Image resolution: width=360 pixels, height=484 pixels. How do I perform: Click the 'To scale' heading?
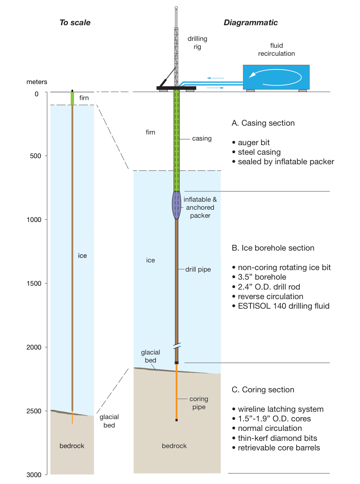click(75, 23)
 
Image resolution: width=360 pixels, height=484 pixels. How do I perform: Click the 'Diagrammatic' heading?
click(250, 23)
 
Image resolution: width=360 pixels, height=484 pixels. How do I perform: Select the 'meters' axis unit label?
click(37, 82)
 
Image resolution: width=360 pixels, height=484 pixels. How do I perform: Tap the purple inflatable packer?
click(176, 205)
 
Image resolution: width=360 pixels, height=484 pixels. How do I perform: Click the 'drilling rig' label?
click(197, 43)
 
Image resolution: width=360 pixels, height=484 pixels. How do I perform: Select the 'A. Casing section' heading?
click(263, 123)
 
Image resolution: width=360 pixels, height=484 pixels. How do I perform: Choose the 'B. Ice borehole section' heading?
click(273, 248)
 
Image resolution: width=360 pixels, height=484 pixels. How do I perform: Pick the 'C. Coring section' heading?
click(263, 390)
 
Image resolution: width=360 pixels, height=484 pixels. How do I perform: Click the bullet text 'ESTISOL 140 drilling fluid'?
click(283, 306)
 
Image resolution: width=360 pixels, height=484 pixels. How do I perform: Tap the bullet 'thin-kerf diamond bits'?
click(277, 438)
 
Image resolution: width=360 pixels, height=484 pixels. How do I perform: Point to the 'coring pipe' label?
click(199, 403)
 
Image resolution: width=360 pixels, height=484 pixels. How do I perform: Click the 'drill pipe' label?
click(198, 269)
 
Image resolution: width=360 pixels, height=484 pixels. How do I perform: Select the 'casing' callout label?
click(202, 139)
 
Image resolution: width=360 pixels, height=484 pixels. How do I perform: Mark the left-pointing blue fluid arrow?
click(215, 78)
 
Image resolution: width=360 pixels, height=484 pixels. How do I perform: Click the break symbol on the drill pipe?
click(176, 346)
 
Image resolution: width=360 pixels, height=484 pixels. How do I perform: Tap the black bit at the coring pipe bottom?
click(176, 420)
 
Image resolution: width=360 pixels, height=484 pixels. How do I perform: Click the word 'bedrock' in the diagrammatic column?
click(174, 446)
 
